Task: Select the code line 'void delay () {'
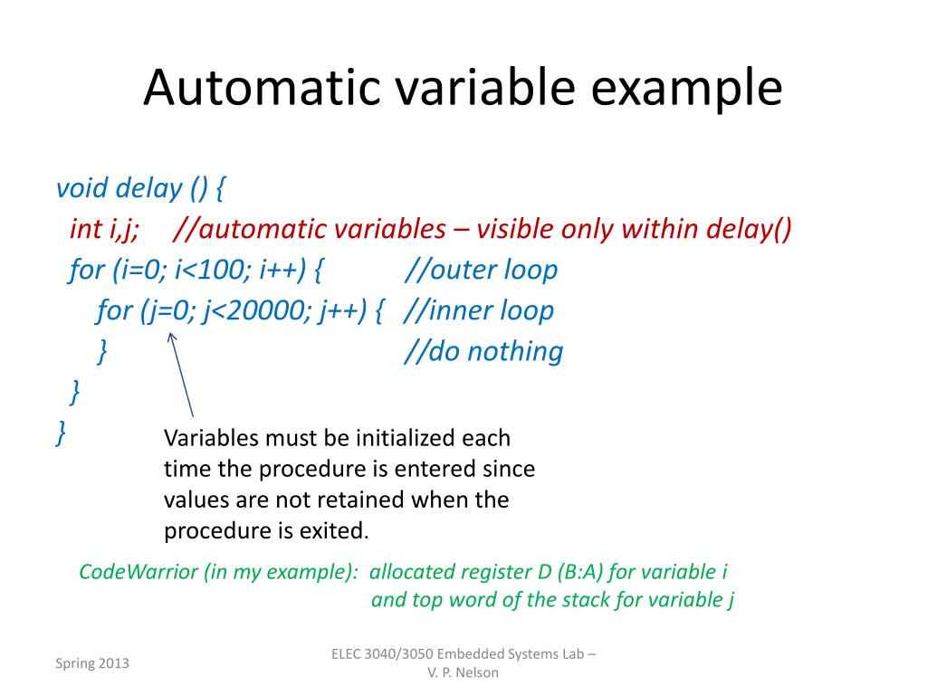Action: pyautogui.click(x=141, y=188)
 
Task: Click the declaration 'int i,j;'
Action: pyautogui.click(x=104, y=229)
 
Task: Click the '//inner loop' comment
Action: pyautogui.click(x=479, y=310)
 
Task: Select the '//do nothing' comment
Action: pyautogui.click(x=483, y=351)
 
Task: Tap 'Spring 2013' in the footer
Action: pyautogui.click(x=92, y=663)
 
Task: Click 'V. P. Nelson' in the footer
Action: pyautogui.click(x=463, y=672)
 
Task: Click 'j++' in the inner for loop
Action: pyautogui.click(x=342, y=310)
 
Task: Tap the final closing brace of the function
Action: pyautogui.click(x=61, y=433)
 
